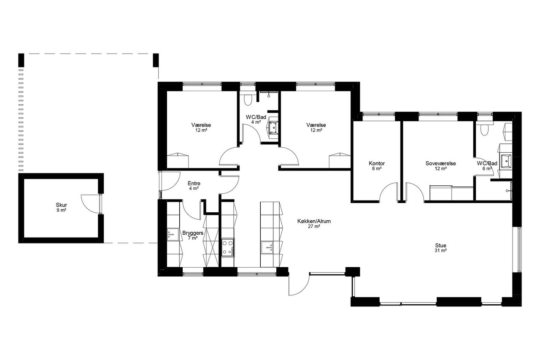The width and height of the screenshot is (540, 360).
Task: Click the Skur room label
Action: click(x=61, y=205)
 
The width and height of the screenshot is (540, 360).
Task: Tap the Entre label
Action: click(x=194, y=184)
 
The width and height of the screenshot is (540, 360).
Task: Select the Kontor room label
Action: click(x=377, y=163)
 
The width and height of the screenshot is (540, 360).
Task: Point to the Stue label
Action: click(x=441, y=246)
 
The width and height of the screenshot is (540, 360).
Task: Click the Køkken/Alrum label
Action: click(x=314, y=221)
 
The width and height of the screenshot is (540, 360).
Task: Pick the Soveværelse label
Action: click(x=441, y=163)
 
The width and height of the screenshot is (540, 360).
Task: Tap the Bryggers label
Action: click(x=193, y=233)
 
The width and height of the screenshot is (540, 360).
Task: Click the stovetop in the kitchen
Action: click(x=228, y=248)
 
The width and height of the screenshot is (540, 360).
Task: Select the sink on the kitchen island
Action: click(x=267, y=247)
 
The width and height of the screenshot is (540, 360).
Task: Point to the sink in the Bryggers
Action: click(x=173, y=235)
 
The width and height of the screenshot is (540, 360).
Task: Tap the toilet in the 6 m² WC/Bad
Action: click(x=484, y=130)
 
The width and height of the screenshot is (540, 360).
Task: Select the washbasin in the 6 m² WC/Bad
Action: click(x=506, y=161)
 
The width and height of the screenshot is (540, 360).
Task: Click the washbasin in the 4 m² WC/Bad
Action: click(x=274, y=127)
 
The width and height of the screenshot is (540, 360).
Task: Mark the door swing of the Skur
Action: click(x=90, y=204)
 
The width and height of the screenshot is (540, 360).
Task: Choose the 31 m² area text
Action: click(x=441, y=251)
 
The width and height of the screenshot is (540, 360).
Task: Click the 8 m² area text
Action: click(x=377, y=169)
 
